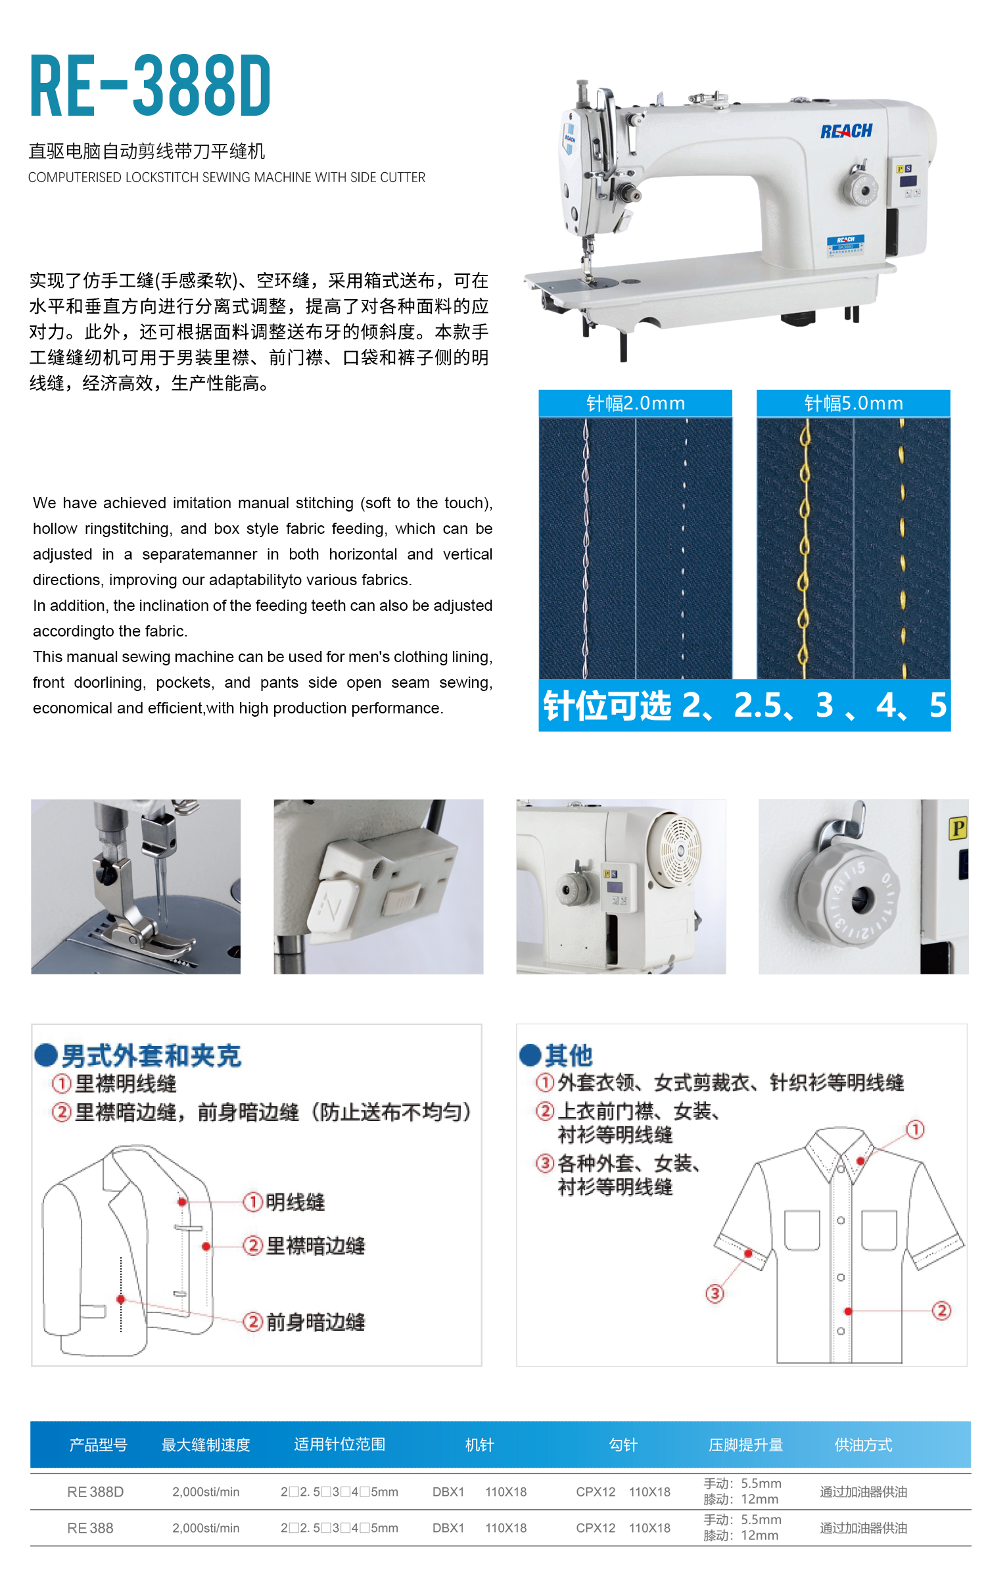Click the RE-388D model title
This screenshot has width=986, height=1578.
151,86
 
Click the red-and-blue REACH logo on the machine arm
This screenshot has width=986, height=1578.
846,131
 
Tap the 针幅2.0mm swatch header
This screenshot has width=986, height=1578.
635,403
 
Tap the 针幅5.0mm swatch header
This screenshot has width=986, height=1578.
853,403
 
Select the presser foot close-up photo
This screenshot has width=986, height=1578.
136,886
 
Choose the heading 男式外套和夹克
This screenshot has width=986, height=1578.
151,1055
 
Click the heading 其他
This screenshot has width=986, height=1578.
569,1055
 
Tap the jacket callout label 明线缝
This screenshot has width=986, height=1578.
295,1202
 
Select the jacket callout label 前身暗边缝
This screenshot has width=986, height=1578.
316,1322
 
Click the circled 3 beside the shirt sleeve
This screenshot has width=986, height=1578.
715,1294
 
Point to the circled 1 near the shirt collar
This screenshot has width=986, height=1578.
916,1130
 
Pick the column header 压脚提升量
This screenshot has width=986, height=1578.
745,1445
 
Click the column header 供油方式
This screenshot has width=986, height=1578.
863,1445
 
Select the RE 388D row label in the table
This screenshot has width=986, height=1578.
95,1492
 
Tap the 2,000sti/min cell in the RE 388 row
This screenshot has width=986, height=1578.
206,1528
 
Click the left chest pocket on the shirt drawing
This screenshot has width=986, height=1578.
803,1230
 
